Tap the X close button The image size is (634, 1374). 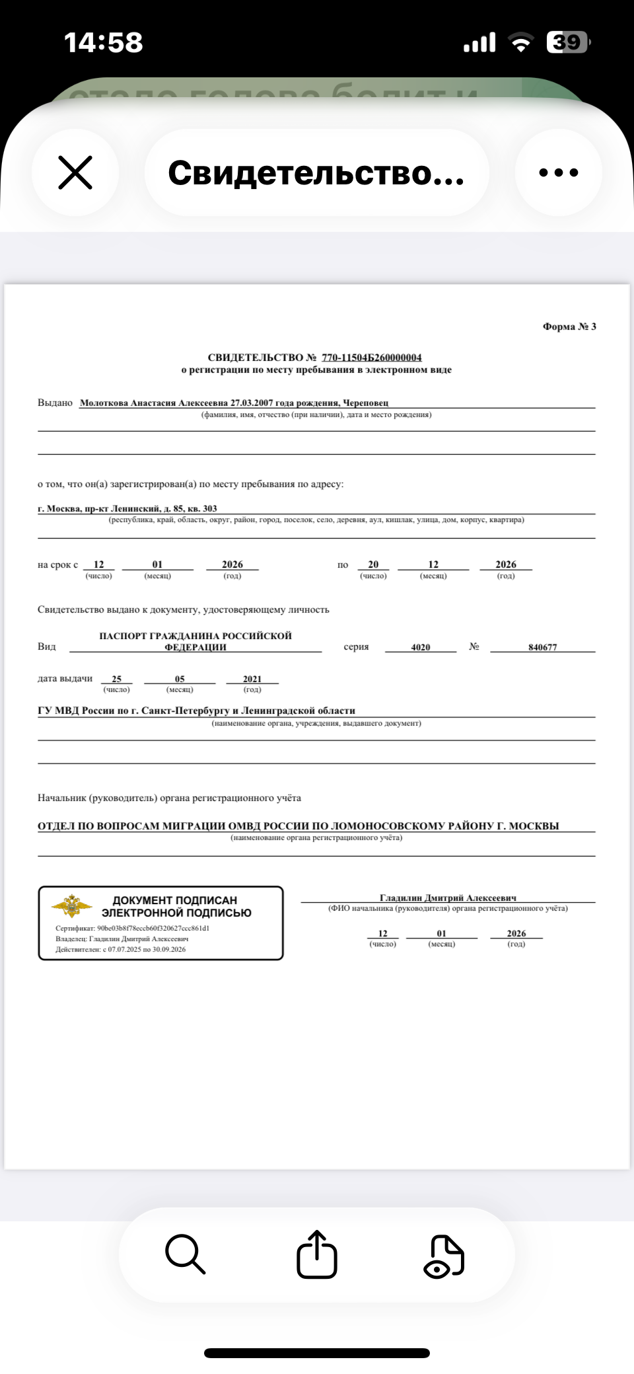(x=75, y=173)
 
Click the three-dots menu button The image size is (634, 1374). (x=558, y=173)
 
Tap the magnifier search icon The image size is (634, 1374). (x=185, y=1254)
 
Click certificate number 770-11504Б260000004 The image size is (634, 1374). (x=371, y=358)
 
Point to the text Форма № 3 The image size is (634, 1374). (x=569, y=326)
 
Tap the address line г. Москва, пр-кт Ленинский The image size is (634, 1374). (x=127, y=508)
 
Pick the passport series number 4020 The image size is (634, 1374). (x=421, y=647)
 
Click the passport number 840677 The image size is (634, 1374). (x=542, y=647)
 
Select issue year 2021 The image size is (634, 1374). (x=252, y=679)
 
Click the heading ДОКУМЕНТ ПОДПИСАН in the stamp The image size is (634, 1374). (x=175, y=900)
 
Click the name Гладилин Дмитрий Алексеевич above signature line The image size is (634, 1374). (x=448, y=897)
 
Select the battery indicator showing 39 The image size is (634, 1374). (x=567, y=42)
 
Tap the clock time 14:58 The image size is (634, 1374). (x=103, y=42)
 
